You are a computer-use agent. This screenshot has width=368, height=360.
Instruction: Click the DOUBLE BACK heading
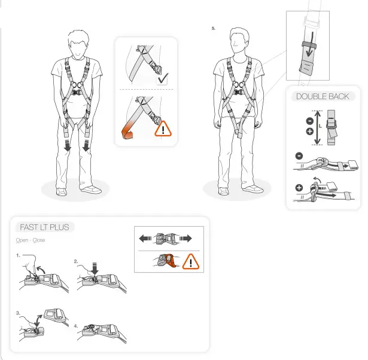point(323,96)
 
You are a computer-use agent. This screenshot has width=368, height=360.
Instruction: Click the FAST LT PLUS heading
point(44,227)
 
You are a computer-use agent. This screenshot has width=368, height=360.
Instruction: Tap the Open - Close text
point(31,240)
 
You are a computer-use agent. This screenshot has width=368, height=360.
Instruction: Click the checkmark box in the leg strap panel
point(161,80)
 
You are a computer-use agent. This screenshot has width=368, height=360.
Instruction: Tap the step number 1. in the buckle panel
point(19,255)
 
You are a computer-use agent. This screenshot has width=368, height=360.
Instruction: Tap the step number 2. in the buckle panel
point(77,261)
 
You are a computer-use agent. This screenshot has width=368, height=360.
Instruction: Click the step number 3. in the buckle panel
point(19,313)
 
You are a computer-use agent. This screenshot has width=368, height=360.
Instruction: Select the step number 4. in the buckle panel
point(76,326)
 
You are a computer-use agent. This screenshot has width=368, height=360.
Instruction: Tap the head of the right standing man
point(239,41)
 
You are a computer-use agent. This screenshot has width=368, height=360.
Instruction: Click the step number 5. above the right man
point(214,28)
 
